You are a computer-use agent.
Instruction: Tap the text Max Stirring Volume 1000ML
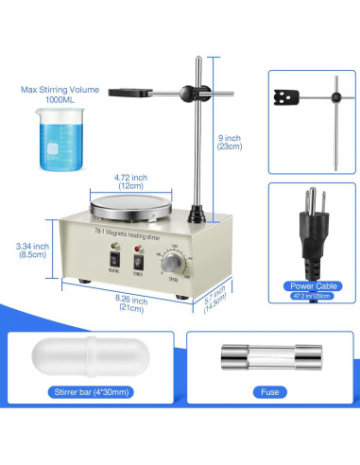click(59, 96)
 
